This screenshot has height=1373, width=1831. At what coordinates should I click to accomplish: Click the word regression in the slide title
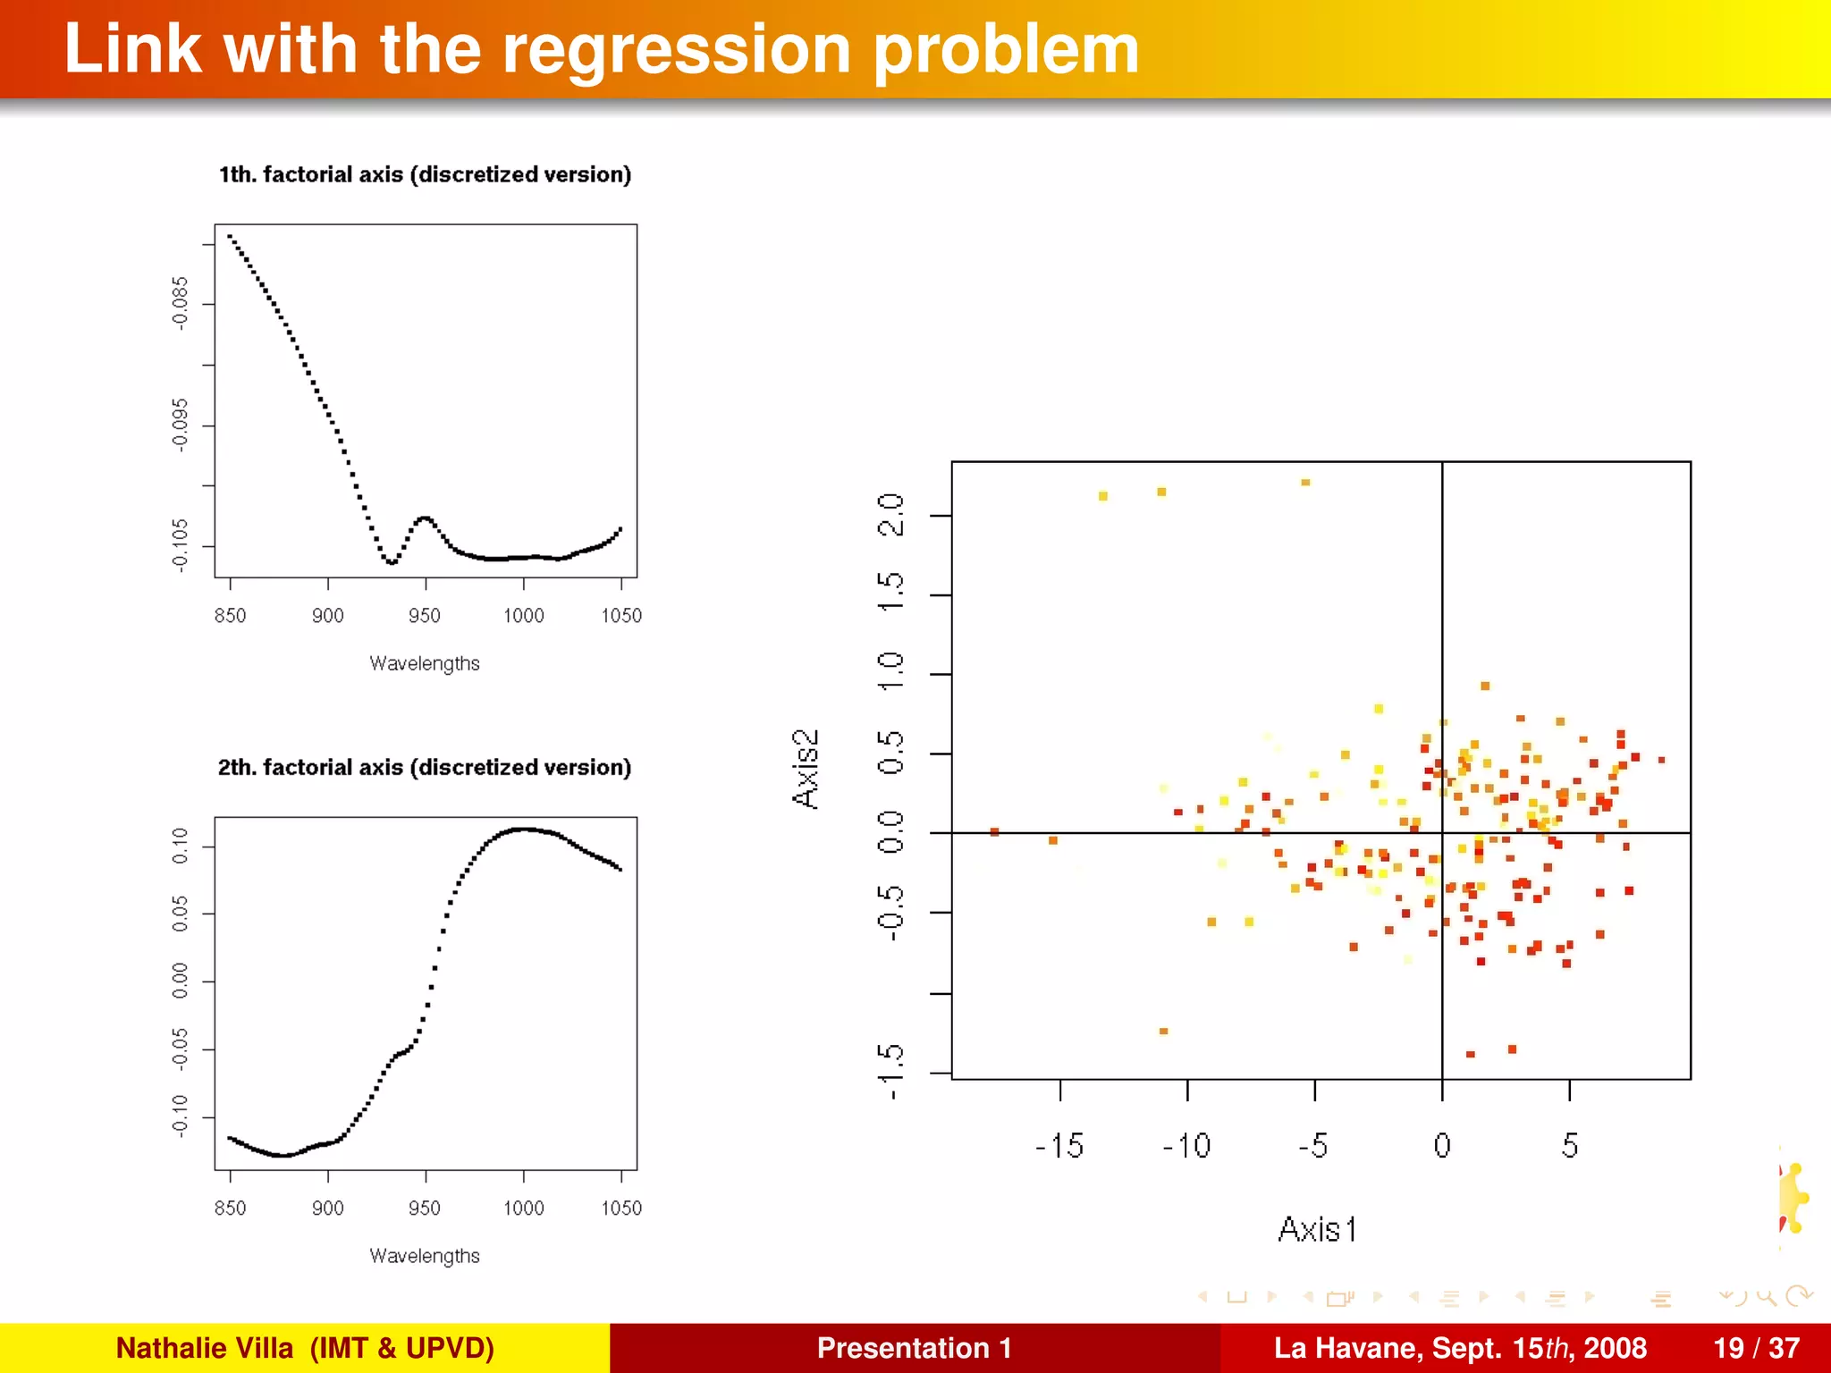tap(676, 50)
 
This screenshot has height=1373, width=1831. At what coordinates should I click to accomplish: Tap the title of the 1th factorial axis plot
tap(425, 174)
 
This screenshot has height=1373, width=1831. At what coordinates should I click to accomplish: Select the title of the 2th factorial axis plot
tap(425, 767)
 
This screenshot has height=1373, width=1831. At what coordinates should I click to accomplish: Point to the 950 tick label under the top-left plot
tap(425, 615)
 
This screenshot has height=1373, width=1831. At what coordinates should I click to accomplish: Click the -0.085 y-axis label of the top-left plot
tap(181, 303)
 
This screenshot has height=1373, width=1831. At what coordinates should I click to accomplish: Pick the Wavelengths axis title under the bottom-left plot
tap(425, 1256)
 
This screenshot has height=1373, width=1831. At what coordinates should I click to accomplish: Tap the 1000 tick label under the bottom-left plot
tap(523, 1208)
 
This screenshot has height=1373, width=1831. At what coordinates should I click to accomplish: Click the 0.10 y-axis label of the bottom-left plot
tap(181, 846)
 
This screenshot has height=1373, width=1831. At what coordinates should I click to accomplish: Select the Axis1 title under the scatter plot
tap(1317, 1230)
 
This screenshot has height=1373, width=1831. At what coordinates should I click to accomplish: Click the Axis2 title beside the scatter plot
tap(806, 769)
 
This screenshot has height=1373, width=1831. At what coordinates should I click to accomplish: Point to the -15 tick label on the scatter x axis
tap(1059, 1146)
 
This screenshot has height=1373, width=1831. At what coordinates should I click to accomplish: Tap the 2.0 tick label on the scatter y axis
tap(891, 515)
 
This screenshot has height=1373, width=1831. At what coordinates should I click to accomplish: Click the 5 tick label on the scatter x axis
tap(1570, 1146)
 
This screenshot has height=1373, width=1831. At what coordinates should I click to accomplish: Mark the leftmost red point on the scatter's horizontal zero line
tap(994, 832)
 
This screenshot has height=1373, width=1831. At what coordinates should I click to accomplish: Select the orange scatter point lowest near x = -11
tap(1163, 1032)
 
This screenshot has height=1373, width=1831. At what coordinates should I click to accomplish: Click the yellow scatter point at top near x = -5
tap(1305, 483)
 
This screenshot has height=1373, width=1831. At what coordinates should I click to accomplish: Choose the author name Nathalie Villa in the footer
tap(205, 1348)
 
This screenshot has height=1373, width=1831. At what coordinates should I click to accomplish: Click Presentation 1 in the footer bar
tap(914, 1348)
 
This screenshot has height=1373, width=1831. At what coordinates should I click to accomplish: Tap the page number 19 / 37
tap(1756, 1348)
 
